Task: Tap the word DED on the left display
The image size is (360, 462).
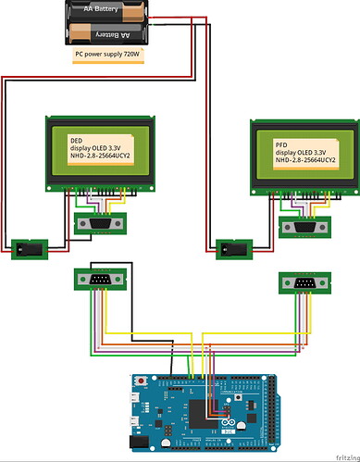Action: coord(77,140)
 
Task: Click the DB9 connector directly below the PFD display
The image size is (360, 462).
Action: coord(303,228)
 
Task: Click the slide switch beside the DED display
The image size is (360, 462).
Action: coord(27,248)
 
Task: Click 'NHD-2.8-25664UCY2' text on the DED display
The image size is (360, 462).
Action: coord(101,158)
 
